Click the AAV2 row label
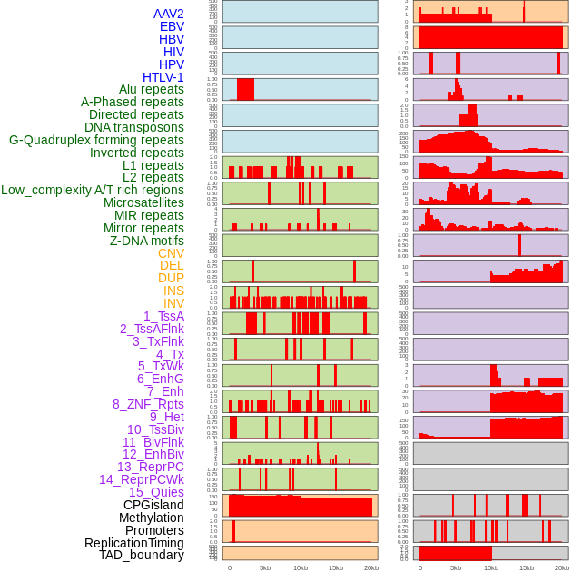click(x=169, y=14)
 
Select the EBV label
click(x=172, y=26)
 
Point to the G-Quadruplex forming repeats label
click(x=96, y=140)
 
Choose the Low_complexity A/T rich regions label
click(x=93, y=190)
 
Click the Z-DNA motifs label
click(x=147, y=241)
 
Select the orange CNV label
click(x=171, y=253)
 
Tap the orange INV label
click(x=173, y=303)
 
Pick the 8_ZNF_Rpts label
click(x=148, y=404)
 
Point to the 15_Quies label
click(x=156, y=492)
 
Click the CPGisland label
click(x=153, y=505)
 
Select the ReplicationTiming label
click(x=134, y=543)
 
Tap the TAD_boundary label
click(x=142, y=555)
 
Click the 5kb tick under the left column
click(x=265, y=567)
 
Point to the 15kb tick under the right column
click(x=527, y=567)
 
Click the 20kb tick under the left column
click(x=371, y=567)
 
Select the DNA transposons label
click(x=134, y=127)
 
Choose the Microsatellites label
click(x=143, y=202)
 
